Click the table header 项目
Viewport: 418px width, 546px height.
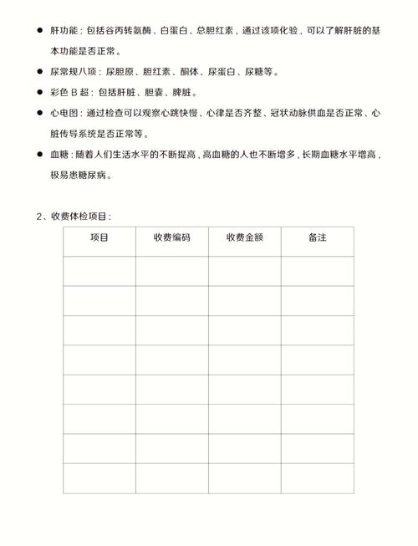[99, 237]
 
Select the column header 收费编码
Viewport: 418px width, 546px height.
[171, 237]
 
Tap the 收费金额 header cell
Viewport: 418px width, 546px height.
[244, 237]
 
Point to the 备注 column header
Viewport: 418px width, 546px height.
[317, 237]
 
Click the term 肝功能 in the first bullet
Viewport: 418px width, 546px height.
[65, 30]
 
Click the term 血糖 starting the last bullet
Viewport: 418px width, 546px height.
[60, 155]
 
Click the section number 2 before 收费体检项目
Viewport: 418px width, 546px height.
[38, 217]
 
